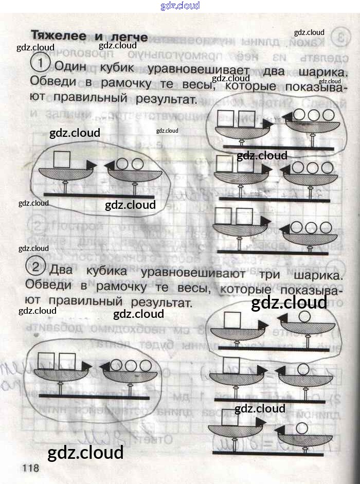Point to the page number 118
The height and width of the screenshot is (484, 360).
pos(30,468)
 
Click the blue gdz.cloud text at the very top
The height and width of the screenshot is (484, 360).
pos(180,6)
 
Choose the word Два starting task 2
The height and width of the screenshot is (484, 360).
pos(64,270)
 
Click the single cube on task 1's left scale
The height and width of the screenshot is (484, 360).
pos(62,159)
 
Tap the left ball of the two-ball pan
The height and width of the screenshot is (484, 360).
pos(122,164)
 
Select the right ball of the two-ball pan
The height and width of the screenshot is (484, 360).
pos(137,164)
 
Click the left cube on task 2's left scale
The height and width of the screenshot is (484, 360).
pos(47,361)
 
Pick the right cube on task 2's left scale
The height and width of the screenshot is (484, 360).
pos(67,361)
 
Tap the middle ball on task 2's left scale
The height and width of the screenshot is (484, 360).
pos(131,366)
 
